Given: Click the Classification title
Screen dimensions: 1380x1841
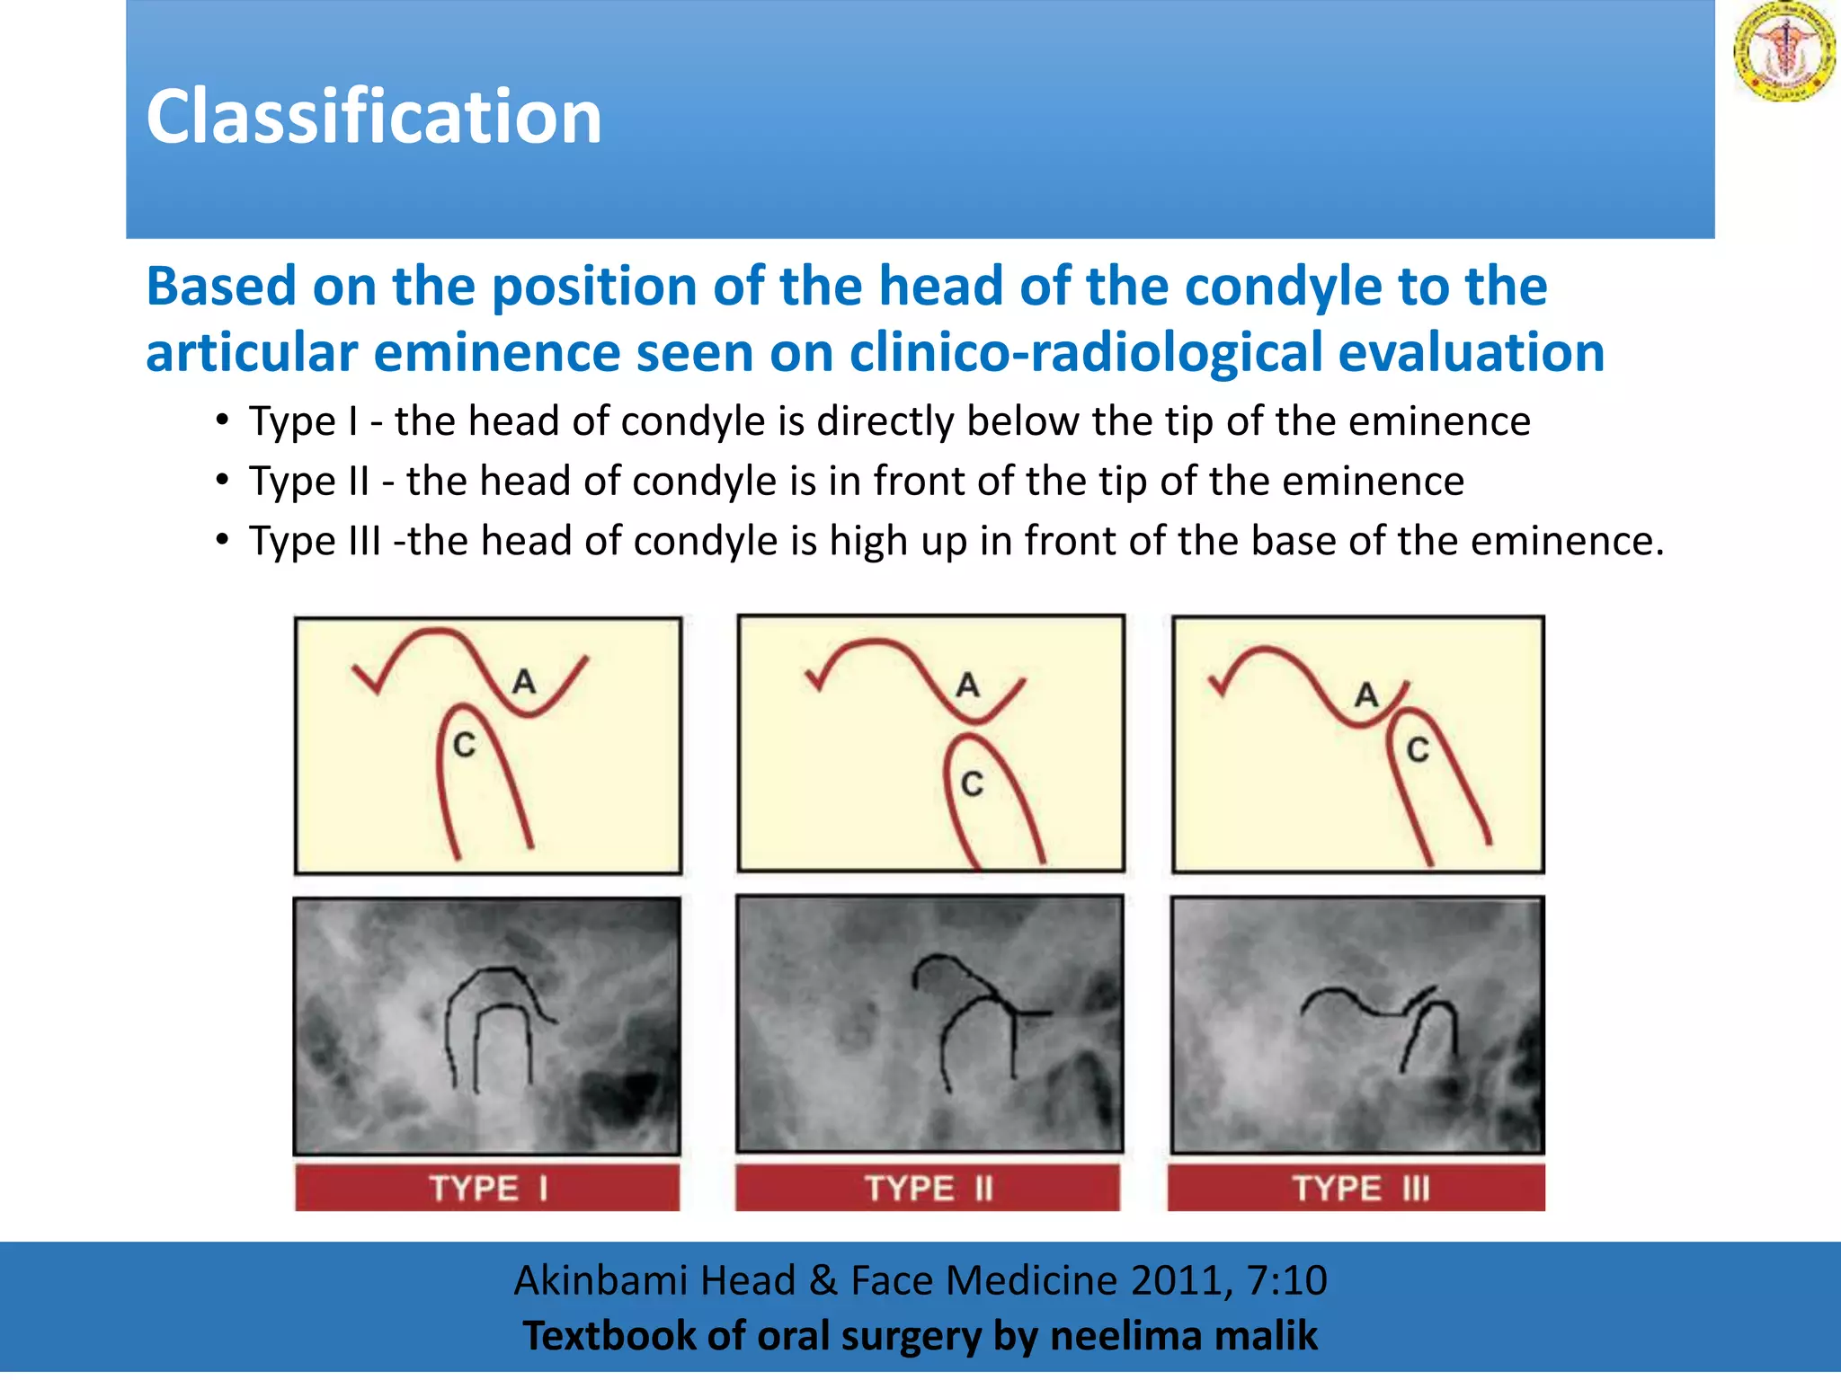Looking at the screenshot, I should pos(373,118).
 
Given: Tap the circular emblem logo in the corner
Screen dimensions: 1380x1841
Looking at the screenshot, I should pos(1783,51).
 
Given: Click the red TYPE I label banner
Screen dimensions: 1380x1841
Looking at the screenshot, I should pos(487,1188).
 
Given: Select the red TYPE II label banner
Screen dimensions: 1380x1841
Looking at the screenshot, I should pos(928,1188).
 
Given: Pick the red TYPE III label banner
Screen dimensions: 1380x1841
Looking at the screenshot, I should pos(1356,1188).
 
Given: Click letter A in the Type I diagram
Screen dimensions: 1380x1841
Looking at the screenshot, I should pos(524,682).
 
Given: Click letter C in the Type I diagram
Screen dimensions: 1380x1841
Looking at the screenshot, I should pos(464,745).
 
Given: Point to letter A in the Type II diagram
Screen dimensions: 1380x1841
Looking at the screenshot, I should pos(967,686).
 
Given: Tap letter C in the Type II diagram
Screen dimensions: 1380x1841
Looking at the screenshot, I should pos(972,784).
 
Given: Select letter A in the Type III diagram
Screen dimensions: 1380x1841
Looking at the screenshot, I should pos(1366,694).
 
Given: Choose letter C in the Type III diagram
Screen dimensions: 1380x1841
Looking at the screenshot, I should pos(1418,750).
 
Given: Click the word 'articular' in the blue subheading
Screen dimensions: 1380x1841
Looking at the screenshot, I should pos(251,352).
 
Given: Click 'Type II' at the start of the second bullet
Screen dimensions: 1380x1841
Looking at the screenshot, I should pos(309,482).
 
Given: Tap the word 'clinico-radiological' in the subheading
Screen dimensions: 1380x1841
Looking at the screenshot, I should pos(1085,352).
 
